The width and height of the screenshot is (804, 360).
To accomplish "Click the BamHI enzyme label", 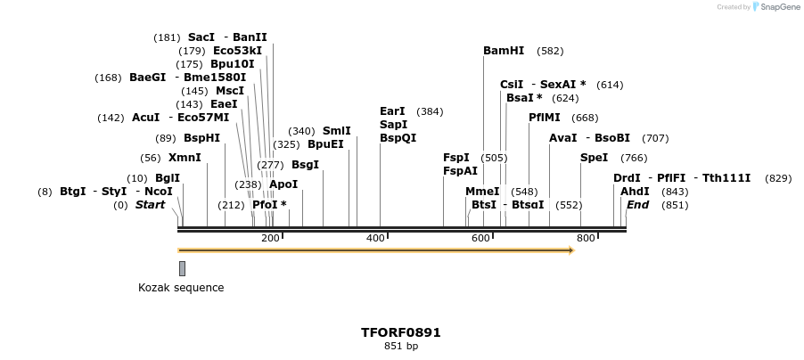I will (x=504, y=51).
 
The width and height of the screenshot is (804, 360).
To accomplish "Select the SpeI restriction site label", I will (x=594, y=158).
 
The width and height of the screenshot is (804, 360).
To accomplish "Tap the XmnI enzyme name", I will (x=185, y=158).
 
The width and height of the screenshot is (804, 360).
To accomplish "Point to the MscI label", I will (x=230, y=91).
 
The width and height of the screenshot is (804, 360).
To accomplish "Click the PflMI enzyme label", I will (x=545, y=118).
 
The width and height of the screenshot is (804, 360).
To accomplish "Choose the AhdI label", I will (x=635, y=192).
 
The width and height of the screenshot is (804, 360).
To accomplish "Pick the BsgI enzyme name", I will (x=305, y=165).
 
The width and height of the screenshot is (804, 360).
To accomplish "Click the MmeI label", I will (x=482, y=192).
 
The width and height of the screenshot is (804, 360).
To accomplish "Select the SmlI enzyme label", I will (x=336, y=131).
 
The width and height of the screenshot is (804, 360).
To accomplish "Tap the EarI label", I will (x=392, y=111).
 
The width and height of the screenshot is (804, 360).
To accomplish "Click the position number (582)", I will (x=551, y=52).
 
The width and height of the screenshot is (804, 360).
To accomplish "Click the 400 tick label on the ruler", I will (x=375, y=238).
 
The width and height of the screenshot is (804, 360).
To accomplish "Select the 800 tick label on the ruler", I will (x=586, y=238).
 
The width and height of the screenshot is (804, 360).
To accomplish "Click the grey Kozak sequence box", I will (x=182, y=268).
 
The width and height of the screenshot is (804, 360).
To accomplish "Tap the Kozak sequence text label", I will (x=181, y=288).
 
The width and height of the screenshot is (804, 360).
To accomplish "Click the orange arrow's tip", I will (x=572, y=250).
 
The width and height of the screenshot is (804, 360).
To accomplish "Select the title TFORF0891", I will (x=400, y=332).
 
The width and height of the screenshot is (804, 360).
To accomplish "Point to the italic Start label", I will (x=150, y=205).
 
